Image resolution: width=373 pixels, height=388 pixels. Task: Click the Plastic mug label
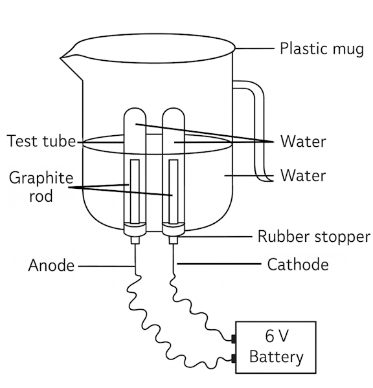[x=322, y=48]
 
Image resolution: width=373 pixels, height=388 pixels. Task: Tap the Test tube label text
[x=41, y=141]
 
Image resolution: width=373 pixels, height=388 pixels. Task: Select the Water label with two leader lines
[x=303, y=142]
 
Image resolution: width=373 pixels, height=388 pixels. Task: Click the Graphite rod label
[x=41, y=187]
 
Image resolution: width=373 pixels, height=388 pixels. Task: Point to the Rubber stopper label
[x=314, y=237]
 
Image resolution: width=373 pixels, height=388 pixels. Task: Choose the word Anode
[x=51, y=266]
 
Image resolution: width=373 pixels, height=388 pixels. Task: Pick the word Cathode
[x=298, y=264]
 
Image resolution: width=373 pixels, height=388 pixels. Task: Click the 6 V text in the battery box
[x=277, y=336]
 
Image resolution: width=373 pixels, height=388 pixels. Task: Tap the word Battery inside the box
[x=277, y=357]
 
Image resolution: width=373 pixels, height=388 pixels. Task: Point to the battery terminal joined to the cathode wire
[x=234, y=339]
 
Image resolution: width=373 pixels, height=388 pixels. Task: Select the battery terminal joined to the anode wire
[x=234, y=358]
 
